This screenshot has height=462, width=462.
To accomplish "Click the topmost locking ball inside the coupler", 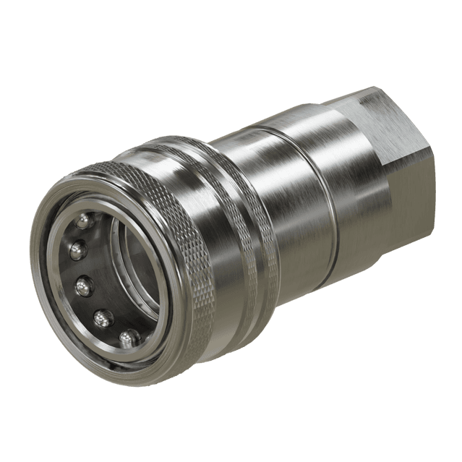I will pyautogui.click(x=85, y=219).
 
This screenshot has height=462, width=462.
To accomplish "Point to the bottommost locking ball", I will pyautogui.click(x=129, y=337).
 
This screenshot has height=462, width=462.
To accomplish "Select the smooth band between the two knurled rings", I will pyautogui.click(x=231, y=239).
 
